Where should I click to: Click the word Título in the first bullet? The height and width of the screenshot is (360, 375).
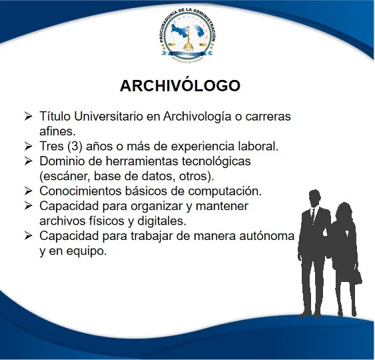pyautogui.click(x=55, y=116)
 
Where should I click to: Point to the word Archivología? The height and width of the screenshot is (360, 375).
pyautogui.click(x=197, y=117)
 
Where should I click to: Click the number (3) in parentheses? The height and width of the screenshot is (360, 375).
pyautogui.click(x=75, y=146)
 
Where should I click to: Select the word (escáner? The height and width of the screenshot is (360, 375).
pyautogui.click(x=65, y=177)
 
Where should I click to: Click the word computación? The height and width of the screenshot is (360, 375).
pyautogui.click(x=224, y=191)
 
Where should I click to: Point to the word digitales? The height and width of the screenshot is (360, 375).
pyautogui.click(x=162, y=221)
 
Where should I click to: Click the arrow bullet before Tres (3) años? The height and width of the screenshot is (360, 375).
pyautogui.click(x=28, y=146)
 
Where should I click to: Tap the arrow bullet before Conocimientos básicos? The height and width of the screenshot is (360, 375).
pyautogui.click(x=28, y=191)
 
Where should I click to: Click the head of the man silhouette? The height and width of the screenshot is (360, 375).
pyautogui.click(x=314, y=199)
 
